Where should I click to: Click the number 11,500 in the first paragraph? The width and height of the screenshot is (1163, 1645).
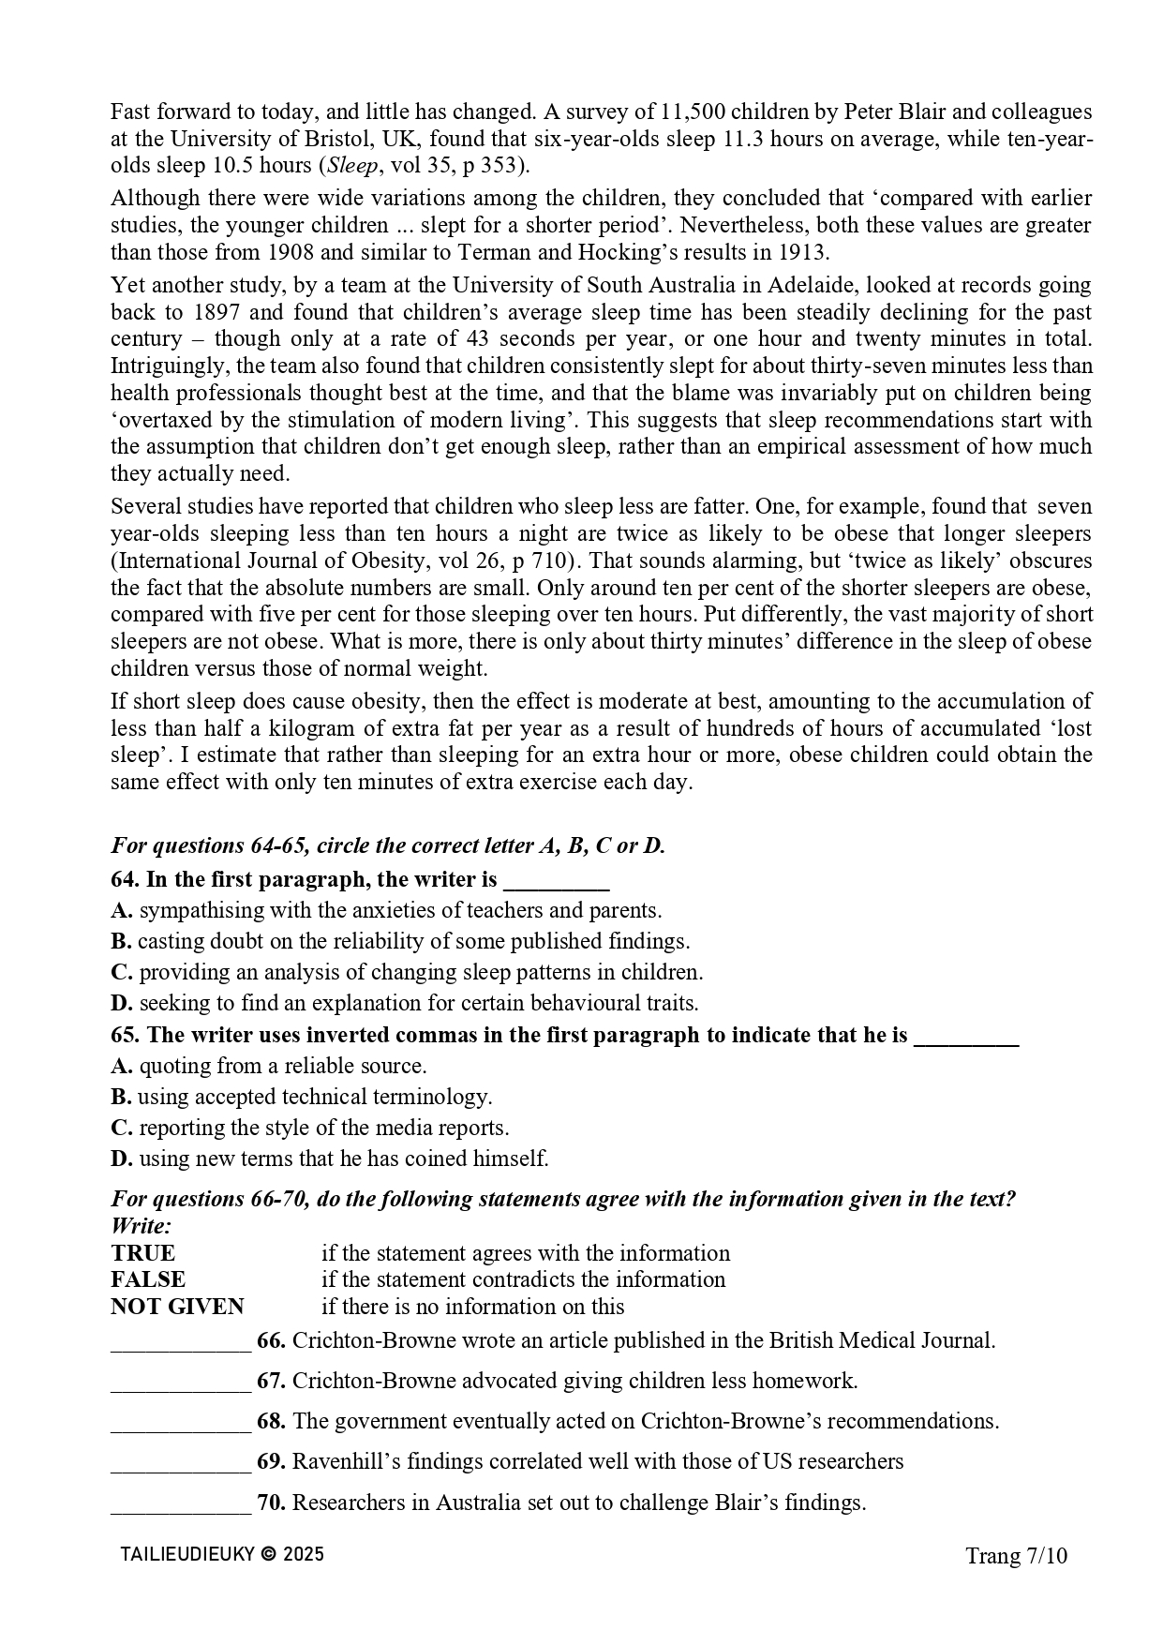[x=692, y=112]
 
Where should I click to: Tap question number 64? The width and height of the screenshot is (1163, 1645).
[x=125, y=879]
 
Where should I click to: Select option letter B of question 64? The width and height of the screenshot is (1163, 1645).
[x=120, y=941]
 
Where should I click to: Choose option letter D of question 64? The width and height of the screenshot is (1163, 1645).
[x=121, y=1003]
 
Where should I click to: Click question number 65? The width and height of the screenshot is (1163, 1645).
[x=125, y=1035]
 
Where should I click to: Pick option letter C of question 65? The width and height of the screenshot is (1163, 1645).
[x=121, y=1128]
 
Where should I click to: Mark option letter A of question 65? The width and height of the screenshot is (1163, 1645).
[x=121, y=1066]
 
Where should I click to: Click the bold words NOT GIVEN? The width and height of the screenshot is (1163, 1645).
[x=177, y=1307]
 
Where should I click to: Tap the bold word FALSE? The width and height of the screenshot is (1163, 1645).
[x=148, y=1279]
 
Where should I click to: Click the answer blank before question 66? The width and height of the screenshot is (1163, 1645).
[x=181, y=1342]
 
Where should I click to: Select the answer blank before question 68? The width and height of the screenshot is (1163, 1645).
[x=181, y=1423]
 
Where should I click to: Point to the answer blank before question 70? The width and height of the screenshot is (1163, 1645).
[x=181, y=1503]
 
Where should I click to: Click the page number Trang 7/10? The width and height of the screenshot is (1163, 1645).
[x=1016, y=1556]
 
